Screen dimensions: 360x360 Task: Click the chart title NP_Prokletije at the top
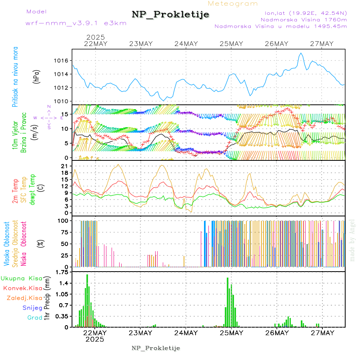(x=170, y=15)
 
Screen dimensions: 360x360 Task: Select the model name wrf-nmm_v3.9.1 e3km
(x=76, y=23)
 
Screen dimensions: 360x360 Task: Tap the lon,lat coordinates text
(x=303, y=12)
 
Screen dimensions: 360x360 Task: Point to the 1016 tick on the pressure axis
(x=62, y=61)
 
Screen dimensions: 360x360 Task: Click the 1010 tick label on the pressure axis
(x=62, y=101)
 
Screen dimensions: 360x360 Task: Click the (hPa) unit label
(x=37, y=76)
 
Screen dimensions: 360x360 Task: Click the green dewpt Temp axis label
(x=32, y=189)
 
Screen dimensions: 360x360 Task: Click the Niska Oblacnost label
(x=24, y=243)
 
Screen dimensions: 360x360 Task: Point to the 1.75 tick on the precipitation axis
(x=62, y=272)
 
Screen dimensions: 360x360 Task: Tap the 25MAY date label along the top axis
(x=231, y=44)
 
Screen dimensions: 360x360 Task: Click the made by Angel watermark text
(x=352, y=240)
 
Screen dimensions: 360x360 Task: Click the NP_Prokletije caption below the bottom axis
(x=156, y=348)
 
